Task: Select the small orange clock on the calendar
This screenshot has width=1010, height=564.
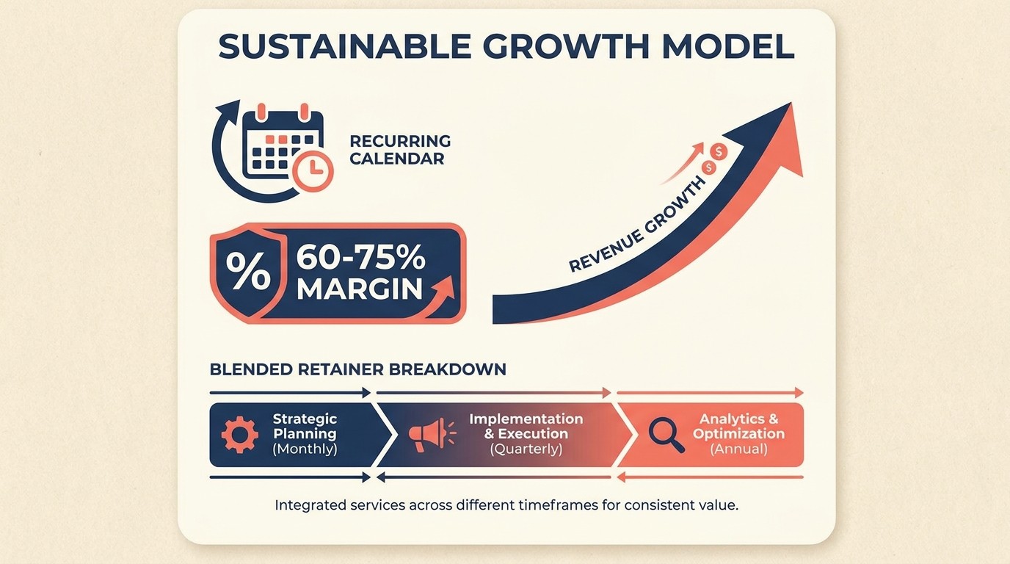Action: [312, 170]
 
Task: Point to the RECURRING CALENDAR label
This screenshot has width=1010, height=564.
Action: [399, 149]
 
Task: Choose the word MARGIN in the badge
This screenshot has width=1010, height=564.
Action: [360, 289]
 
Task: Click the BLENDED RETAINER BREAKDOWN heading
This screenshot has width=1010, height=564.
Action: [357, 369]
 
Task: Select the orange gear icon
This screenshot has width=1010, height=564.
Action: [239, 434]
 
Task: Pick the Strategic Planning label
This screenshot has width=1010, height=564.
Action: [305, 426]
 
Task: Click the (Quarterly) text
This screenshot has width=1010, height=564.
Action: [526, 449]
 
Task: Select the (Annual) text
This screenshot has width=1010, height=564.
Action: [738, 449]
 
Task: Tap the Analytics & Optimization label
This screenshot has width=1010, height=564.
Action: [738, 426]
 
